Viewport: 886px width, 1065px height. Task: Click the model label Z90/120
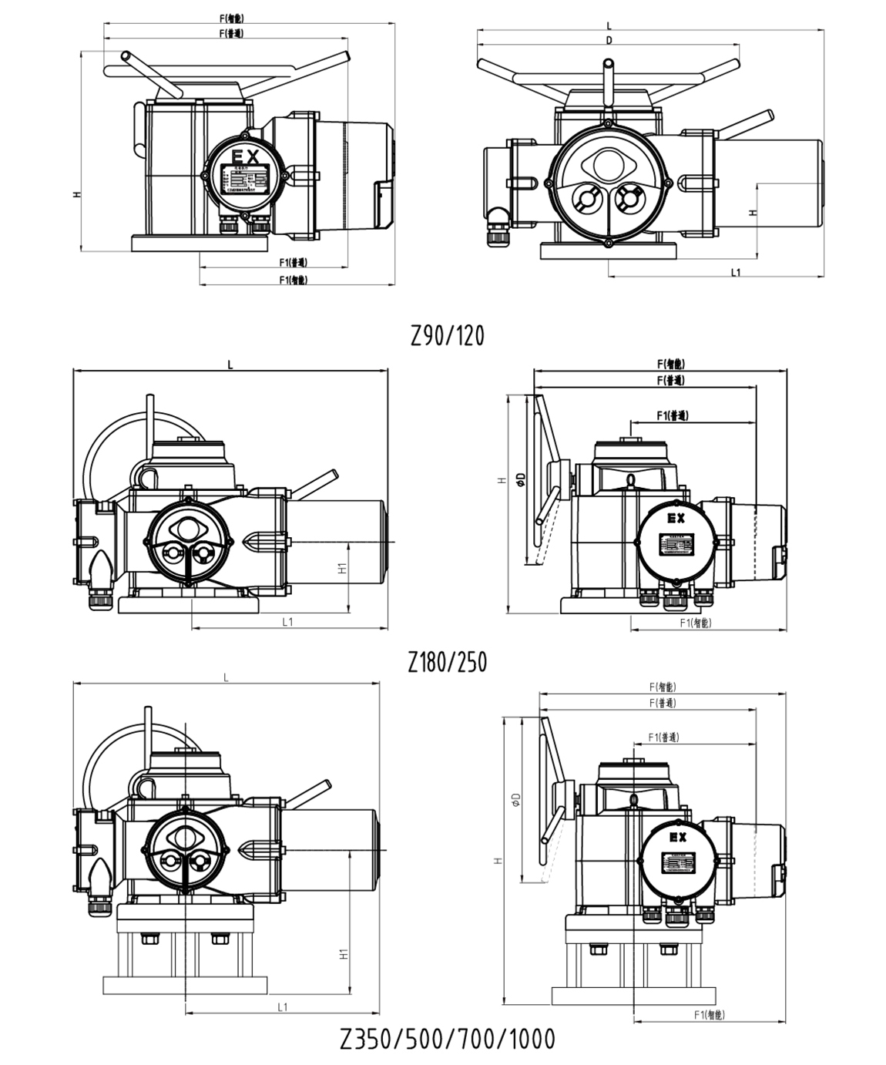[448, 336]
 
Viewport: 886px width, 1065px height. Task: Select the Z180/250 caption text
[448, 662]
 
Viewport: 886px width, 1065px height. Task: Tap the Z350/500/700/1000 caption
[448, 1039]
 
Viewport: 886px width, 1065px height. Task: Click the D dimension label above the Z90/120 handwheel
[609, 41]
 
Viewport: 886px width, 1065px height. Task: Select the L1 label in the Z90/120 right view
[735, 272]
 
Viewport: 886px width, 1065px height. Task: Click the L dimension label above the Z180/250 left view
[230, 365]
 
